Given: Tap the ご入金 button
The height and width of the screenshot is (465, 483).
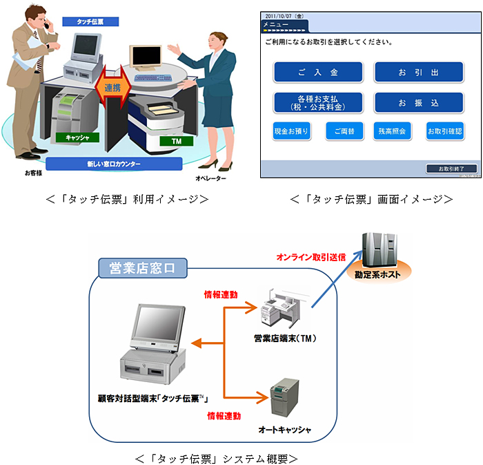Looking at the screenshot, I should click(318, 72).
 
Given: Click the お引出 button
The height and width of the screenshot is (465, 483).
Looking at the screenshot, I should click(419, 72).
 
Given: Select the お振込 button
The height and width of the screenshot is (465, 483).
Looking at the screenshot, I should click(419, 103).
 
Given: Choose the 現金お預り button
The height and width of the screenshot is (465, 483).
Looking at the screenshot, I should click(291, 131).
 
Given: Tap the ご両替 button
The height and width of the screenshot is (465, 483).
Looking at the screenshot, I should click(344, 131).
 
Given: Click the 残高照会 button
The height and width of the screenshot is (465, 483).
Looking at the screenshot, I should click(392, 131).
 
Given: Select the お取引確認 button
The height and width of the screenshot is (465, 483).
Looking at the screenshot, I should click(444, 131).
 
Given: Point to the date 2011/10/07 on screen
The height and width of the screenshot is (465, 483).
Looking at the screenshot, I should click(284, 15).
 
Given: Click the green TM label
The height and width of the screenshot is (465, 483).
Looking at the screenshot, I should click(167, 141).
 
